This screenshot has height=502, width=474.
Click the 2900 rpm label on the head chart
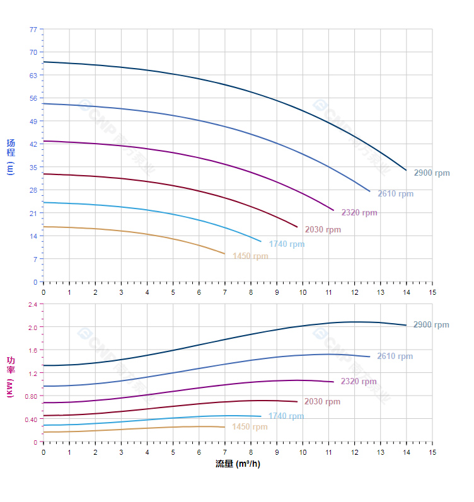(x=432, y=173)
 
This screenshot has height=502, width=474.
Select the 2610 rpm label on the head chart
(x=395, y=193)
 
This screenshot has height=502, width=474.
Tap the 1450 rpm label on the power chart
(x=250, y=427)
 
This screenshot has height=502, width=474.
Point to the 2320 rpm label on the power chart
(x=359, y=381)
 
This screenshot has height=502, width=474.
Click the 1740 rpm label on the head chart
(x=286, y=244)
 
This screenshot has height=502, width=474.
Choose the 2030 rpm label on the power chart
(x=322, y=401)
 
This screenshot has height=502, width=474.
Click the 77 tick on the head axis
(x=33, y=29)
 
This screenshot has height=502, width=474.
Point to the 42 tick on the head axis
(x=33, y=144)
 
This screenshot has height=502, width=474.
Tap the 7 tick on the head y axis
(x=35, y=259)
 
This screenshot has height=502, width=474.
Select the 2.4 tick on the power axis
(x=33, y=304)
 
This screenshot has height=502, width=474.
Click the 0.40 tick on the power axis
(x=31, y=419)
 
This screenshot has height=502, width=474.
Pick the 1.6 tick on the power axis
(x=33, y=350)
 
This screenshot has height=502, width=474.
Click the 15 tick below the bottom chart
(x=432, y=452)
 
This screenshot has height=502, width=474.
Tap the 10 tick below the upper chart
(x=303, y=292)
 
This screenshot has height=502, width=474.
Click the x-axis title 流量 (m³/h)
(x=238, y=464)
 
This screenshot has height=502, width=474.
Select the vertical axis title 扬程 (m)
(x=10, y=157)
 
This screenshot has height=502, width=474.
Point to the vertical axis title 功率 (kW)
(x=10, y=376)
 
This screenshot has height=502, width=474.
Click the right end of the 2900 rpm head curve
(x=406, y=170)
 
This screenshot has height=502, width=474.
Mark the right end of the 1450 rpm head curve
(x=224, y=254)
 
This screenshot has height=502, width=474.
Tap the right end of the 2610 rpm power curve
(x=369, y=357)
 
